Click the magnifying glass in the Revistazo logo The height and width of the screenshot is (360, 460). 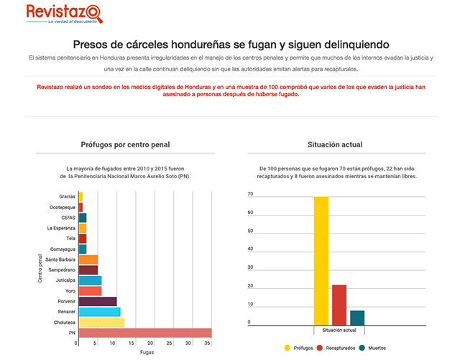(x=94, y=14)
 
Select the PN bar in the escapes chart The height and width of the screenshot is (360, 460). (x=145, y=333)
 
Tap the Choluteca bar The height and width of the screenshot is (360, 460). (x=101, y=323)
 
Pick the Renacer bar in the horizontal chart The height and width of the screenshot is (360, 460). (x=100, y=312)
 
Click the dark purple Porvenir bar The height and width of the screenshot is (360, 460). (x=98, y=301)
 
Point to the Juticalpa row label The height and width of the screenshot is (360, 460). (x=65, y=280)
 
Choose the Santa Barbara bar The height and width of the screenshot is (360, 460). (x=88, y=259)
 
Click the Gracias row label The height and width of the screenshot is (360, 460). (x=67, y=197)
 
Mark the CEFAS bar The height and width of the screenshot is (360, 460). (x=83, y=218)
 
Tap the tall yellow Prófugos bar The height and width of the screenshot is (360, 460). (x=321, y=261)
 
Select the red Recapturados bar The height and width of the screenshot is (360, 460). (x=339, y=305)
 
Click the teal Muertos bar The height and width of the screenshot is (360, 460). (x=357, y=318)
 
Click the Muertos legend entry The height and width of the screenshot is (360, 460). (x=372, y=348)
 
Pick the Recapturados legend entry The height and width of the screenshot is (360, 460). (x=336, y=348)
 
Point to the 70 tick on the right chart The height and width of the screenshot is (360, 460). (x=250, y=194)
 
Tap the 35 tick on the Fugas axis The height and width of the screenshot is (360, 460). (x=207, y=343)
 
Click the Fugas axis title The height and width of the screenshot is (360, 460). (x=147, y=352)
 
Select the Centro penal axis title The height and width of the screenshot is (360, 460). (x=40, y=269)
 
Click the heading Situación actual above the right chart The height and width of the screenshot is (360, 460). (x=335, y=144)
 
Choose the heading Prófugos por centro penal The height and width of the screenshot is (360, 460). (x=125, y=144)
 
